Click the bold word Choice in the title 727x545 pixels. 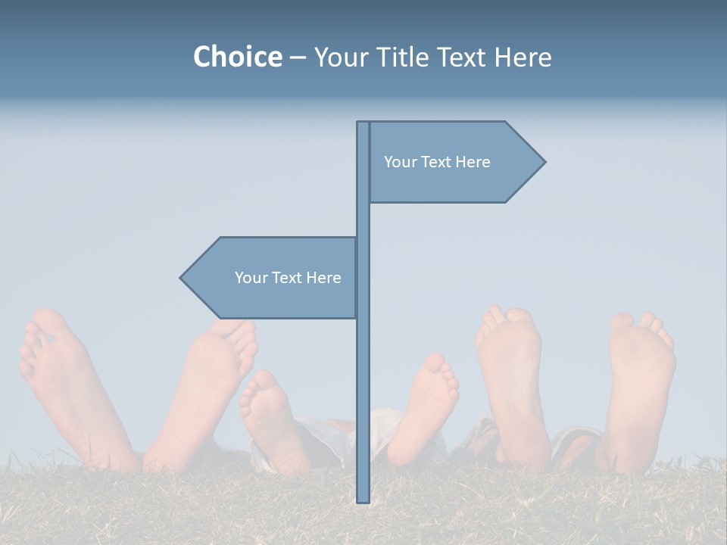(237, 57)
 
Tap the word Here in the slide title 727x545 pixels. (523, 57)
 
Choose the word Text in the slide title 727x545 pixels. (461, 57)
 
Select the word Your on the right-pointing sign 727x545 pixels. (399, 162)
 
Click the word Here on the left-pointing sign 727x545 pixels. (323, 278)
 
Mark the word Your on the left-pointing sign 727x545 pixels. (250, 278)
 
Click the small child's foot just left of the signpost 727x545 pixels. (267, 413)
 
